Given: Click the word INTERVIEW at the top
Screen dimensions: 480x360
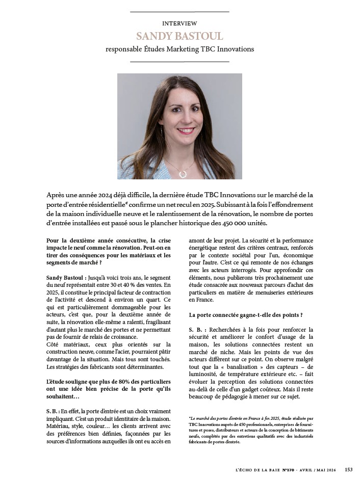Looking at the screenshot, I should [x=179, y=24].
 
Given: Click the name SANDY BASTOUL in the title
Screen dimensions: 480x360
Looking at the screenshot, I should [x=179, y=37].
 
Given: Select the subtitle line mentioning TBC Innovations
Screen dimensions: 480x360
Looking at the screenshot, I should [x=179, y=49].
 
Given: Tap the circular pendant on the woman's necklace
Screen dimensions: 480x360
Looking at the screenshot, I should [x=183, y=173].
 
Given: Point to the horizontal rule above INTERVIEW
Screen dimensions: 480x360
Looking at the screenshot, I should [x=179, y=11].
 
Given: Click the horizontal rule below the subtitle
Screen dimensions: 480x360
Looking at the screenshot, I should [x=179, y=62].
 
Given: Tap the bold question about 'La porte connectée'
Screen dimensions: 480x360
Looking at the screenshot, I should [x=246, y=315].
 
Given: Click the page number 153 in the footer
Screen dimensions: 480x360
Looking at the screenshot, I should [x=348, y=469].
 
